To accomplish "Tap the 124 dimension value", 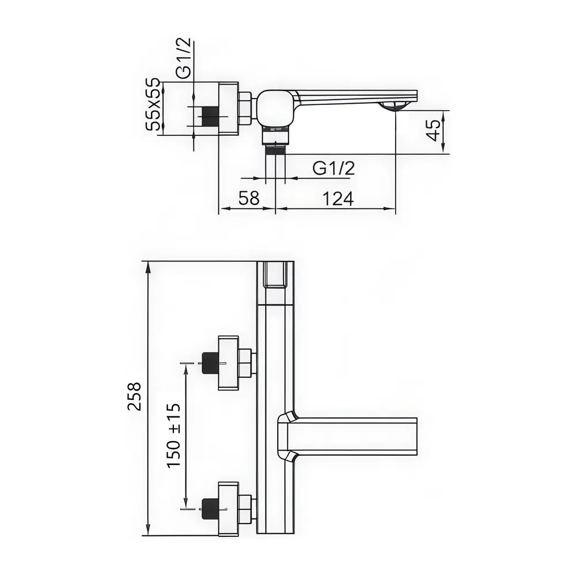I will tap(338, 199).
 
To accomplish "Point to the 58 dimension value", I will tap(249, 199).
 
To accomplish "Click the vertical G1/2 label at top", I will tap(184, 59).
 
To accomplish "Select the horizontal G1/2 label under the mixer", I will tap(334, 169).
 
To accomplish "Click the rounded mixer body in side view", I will tap(275, 108).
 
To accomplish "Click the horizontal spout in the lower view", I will tap(351, 436).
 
